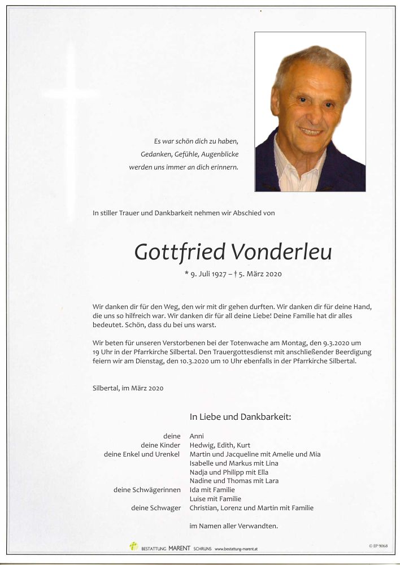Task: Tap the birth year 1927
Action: (226, 274)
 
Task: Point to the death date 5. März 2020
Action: (259, 274)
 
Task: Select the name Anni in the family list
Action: (197, 436)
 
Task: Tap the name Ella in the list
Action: (262, 472)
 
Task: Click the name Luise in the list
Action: (198, 499)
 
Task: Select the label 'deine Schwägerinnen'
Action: (147, 490)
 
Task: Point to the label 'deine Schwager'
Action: (156, 508)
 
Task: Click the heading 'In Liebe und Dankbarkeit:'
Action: (240, 418)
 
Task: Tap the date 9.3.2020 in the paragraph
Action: (343, 344)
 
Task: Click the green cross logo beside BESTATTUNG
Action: (133, 546)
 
